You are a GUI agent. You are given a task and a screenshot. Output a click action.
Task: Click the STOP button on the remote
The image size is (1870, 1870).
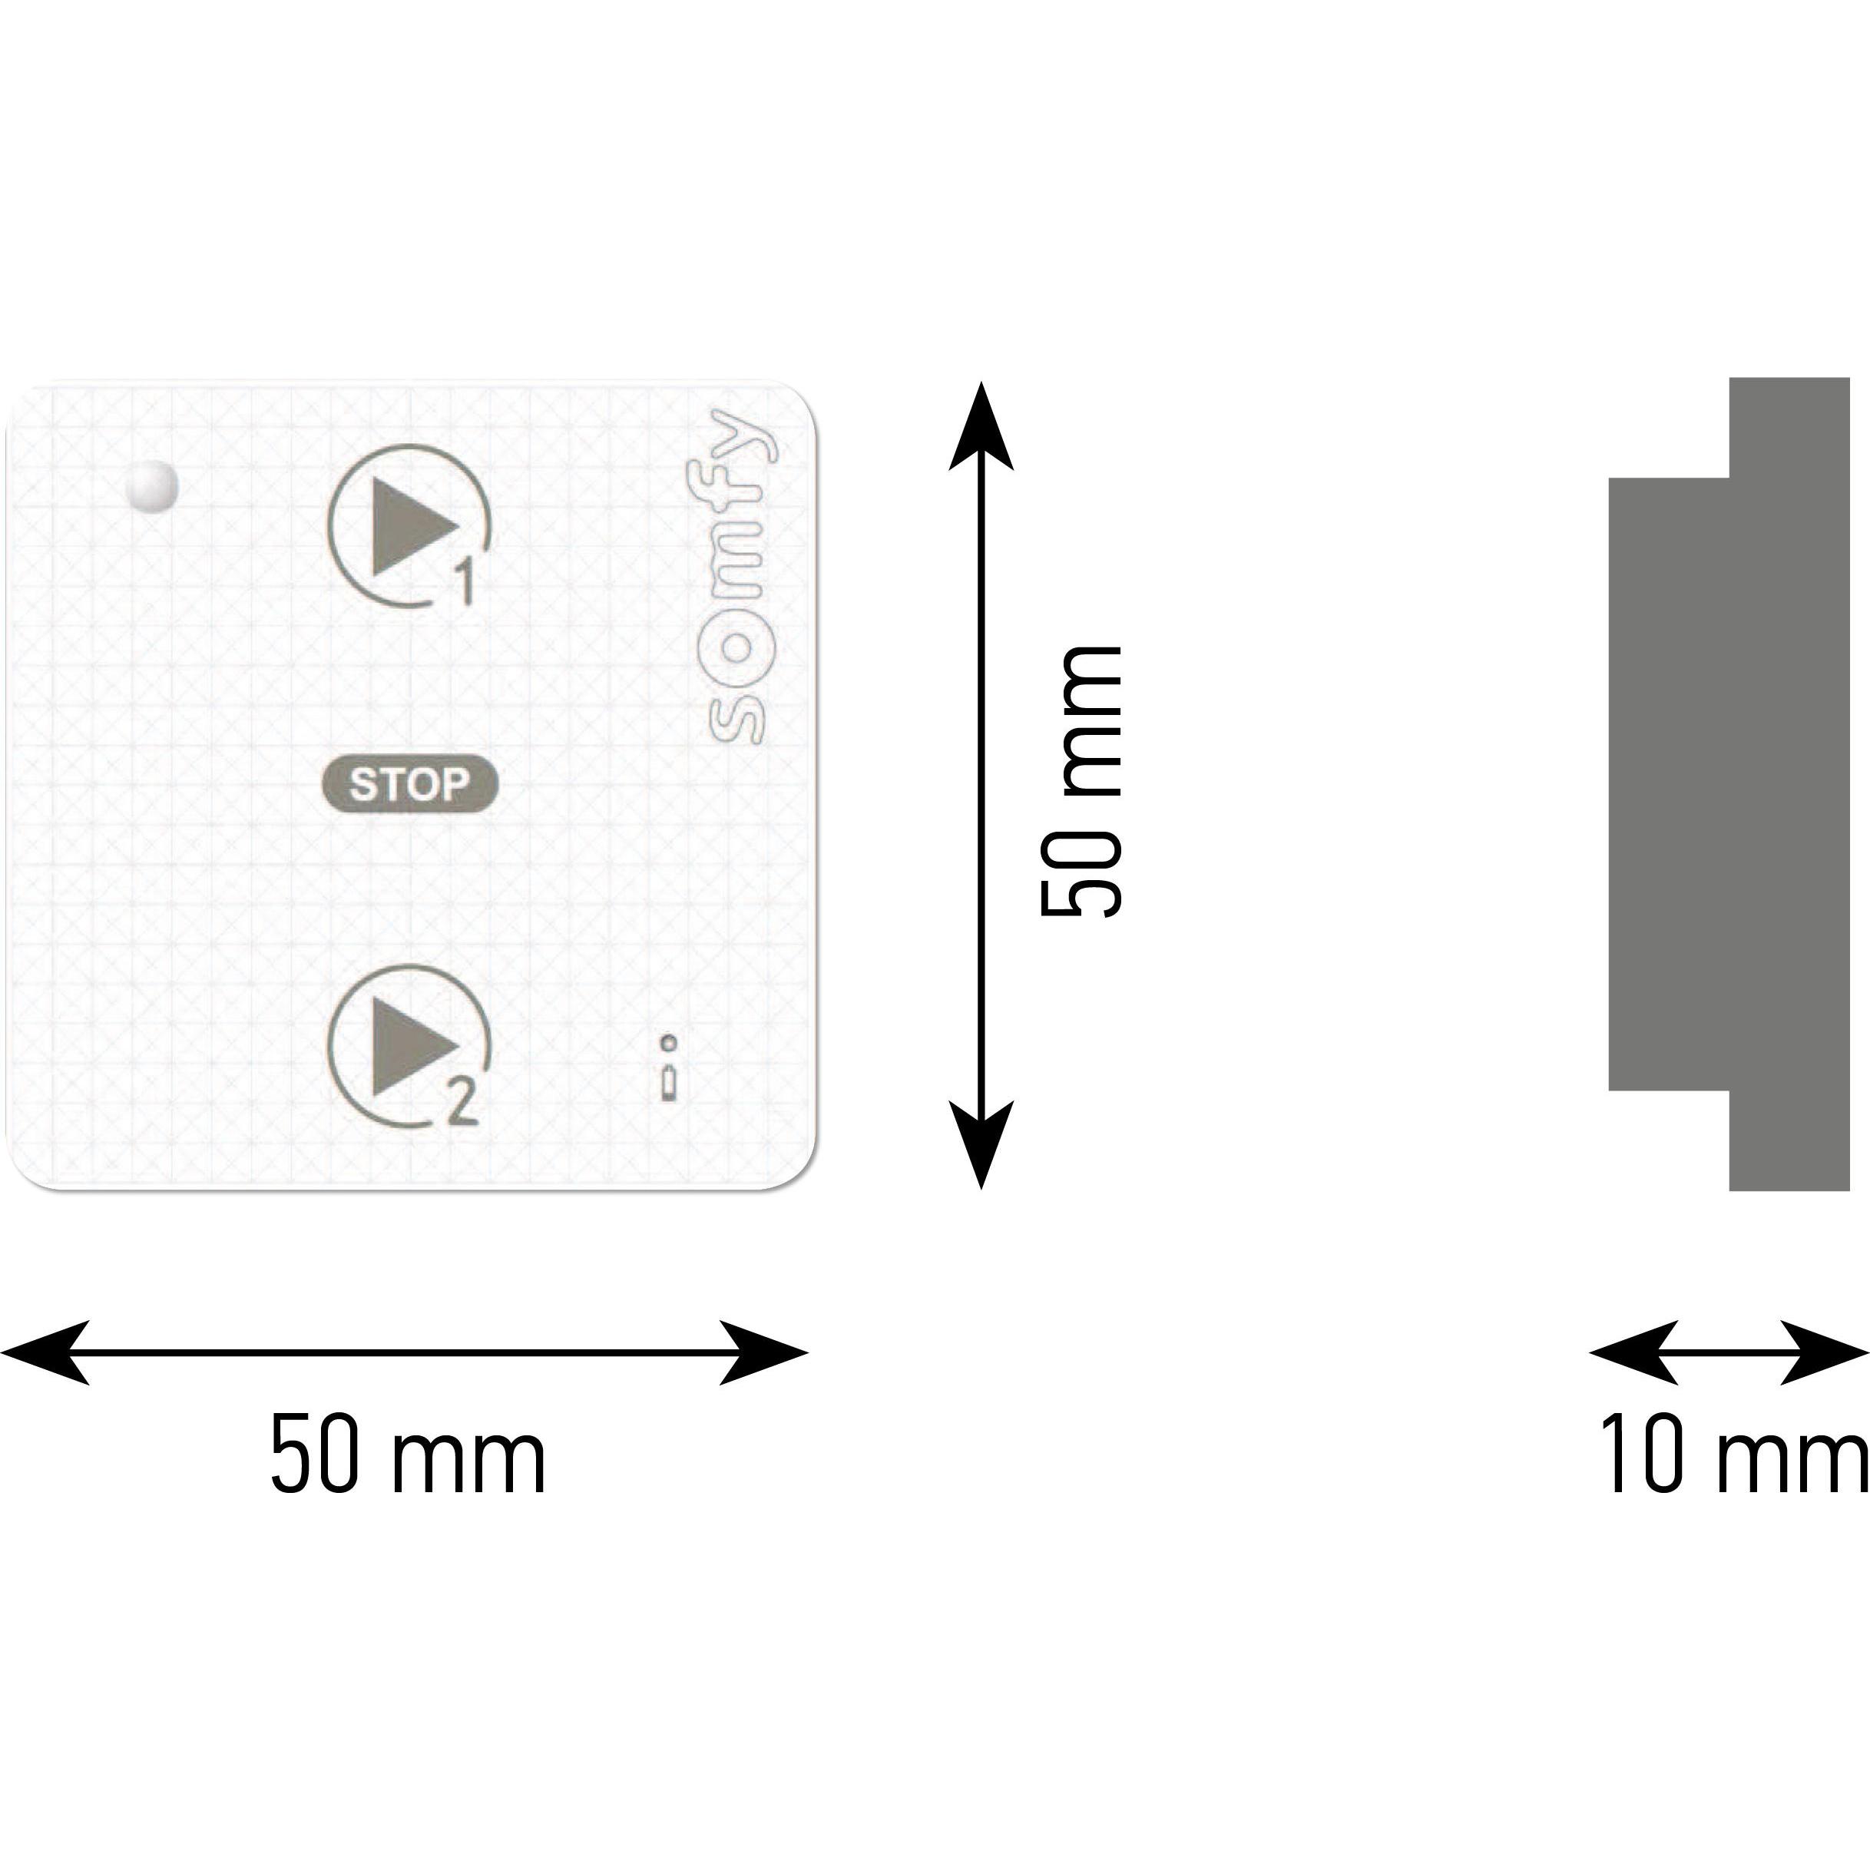coord(409,784)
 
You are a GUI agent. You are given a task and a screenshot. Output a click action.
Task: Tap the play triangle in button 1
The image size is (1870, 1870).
coord(412,527)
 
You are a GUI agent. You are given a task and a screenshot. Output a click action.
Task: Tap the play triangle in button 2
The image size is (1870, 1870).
coord(412,1048)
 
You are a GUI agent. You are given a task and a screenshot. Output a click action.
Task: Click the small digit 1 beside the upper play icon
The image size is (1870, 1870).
coord(464,584)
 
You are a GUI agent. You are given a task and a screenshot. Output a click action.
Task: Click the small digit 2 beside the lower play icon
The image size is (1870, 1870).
coord(462,1104)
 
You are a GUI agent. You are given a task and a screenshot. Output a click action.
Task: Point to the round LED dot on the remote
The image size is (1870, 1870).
coord(154,485)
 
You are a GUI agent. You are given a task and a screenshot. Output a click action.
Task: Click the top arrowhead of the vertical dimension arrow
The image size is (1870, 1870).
coord(981,426)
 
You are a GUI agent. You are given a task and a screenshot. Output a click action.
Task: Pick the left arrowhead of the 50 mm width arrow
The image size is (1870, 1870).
coord(44,1352)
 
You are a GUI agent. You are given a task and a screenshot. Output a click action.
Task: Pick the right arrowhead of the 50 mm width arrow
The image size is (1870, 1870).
coord(765,1352)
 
